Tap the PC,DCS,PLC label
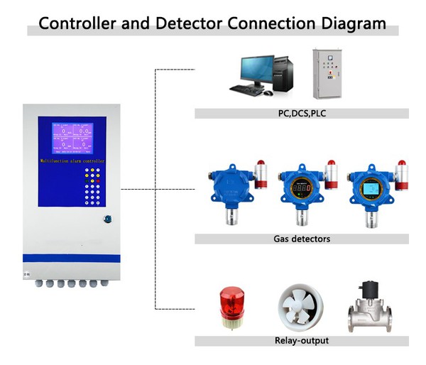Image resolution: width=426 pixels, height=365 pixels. tap(302, 113)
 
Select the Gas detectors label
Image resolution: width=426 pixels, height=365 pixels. tap(302, 239)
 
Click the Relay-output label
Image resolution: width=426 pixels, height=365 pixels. tap(302, 340)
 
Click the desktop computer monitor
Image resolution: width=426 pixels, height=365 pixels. tap(257, 70)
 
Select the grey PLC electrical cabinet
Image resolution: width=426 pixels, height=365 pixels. tap(329, 75)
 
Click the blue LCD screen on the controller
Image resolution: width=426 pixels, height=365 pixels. tap(72, 139)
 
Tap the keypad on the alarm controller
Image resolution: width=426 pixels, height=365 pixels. tap(94, 187)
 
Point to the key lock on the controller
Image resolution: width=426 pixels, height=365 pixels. tap(107, 219)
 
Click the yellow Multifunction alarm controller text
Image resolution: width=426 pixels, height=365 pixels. tap(72, 163)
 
